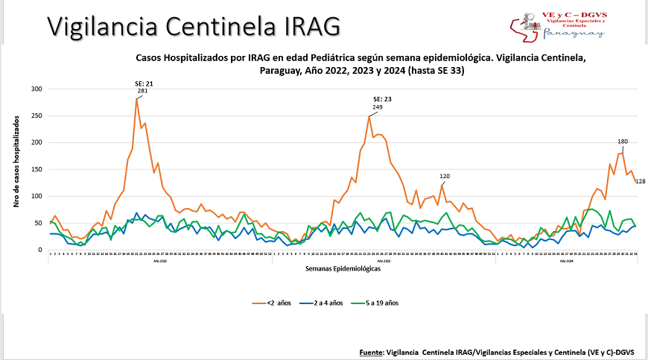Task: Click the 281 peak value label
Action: pos(142,91)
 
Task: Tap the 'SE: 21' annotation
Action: pos(143,83)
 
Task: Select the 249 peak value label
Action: pos(378,107)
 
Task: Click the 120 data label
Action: pos(445,177)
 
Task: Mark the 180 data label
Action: pos(623,142)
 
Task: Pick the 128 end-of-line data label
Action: pos(640,181)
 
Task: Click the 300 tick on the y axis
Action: pos(36,89)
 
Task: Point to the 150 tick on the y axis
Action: pos(36,169)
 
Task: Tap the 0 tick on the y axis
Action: pos(40,250)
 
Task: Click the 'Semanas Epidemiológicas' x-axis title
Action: pos(344,269)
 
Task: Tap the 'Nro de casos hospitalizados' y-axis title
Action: pos(16,169)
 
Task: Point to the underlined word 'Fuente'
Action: pos(369,351)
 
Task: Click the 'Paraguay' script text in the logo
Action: pos(573,33)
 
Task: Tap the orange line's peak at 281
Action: pos(137,99)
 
